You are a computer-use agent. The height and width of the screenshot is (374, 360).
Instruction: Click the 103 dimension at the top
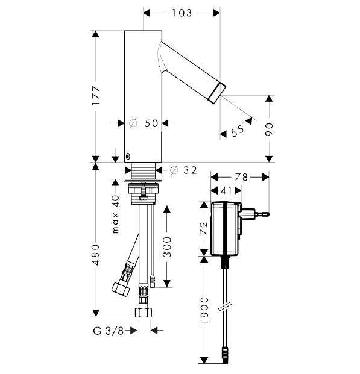tap(182, 13)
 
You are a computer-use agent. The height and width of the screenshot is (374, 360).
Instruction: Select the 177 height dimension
tap(96, 95)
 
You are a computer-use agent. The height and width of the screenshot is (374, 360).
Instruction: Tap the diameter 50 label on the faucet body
tap(144, 123)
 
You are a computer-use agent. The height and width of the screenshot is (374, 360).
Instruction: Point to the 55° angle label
tap(238, 130)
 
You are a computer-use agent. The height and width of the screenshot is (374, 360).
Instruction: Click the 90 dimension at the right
tap(269, 129)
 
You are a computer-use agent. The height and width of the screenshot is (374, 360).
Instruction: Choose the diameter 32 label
tap(183, 170)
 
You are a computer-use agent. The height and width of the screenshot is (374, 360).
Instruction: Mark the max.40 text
tap(116, 214)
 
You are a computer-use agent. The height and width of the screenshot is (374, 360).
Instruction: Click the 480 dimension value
tap(96, 255)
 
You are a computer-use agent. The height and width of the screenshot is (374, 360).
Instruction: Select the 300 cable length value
tap(167, 247)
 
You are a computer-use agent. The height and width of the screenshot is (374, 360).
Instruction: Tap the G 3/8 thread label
tap(109, 331)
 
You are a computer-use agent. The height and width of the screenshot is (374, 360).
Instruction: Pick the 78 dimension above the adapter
tap(241, 177)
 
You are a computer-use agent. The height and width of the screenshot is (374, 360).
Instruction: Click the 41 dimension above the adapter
tap(226, 190)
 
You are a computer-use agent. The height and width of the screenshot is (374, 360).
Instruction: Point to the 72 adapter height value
tap(204, 228)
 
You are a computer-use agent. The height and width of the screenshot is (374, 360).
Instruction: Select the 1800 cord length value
tap(204, 310)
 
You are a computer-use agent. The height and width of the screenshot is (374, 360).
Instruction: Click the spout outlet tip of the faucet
tap(218, 93)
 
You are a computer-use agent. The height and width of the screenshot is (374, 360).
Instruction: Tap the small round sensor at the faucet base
tap(128, 157)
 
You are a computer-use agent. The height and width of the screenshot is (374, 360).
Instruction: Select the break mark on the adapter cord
tap(226, 307)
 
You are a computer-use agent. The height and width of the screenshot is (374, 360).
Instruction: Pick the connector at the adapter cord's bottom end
tap(225, 355)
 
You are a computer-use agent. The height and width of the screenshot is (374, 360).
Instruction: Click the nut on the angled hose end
tap(121, 289)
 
